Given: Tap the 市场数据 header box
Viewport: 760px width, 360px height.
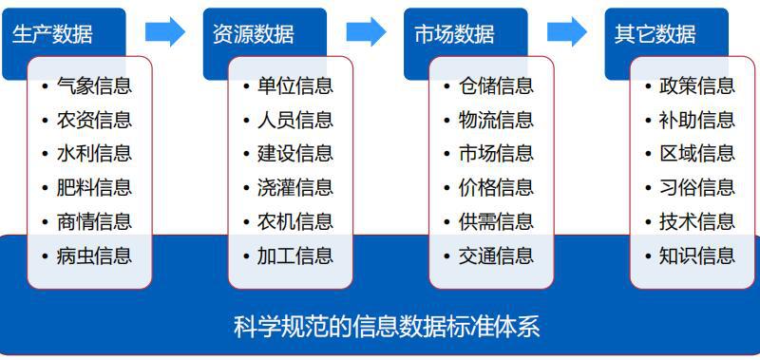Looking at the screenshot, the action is point(455,34).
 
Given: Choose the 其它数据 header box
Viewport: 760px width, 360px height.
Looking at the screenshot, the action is point(655,34).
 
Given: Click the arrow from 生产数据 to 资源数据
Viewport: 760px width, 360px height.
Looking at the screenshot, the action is point(165,32).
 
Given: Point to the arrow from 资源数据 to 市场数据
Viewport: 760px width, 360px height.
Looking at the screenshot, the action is point(366,32).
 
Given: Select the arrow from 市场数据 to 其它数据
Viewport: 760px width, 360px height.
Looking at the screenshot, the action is point(567,32).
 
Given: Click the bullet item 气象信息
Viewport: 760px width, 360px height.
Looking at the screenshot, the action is point(93,85).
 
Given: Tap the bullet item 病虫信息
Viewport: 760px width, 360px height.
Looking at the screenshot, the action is point(93,255).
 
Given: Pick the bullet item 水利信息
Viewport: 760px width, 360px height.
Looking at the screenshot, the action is point(93,153).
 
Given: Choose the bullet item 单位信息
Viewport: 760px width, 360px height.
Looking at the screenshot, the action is point(294,85).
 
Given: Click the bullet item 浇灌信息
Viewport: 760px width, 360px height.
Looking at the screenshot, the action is point(294,187).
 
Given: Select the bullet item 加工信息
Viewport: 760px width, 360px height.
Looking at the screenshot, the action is point(294,255).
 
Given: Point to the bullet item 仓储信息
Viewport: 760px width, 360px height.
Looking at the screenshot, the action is point(495,85).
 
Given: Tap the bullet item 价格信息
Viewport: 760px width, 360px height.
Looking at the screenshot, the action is point(495,187).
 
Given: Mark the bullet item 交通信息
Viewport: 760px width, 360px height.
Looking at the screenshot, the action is point(495,255).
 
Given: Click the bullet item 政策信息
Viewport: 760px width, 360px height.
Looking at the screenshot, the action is point(696,85).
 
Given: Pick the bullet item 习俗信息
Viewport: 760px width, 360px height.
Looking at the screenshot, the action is point(696,187).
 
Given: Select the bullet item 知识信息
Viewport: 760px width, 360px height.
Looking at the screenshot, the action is point(696,255).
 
